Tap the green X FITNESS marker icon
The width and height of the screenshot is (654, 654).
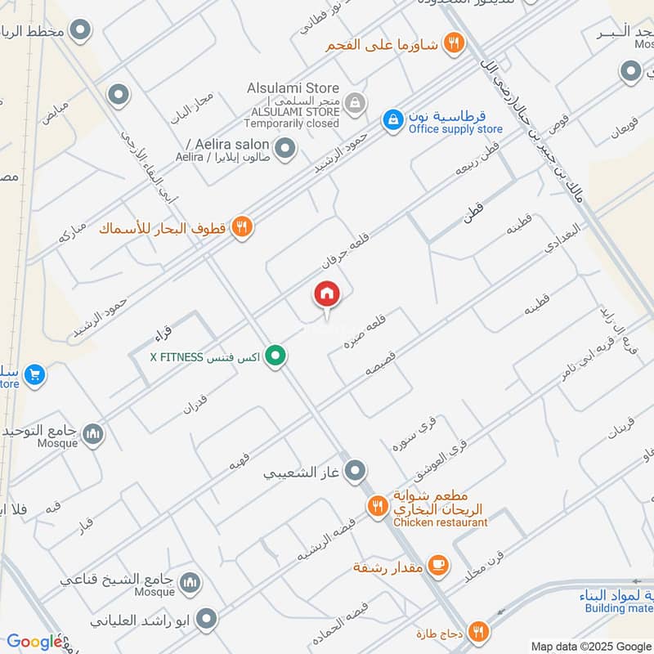coord(276,356)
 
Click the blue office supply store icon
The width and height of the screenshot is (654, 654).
coord(394,120)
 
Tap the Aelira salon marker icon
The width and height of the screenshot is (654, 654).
coord(284,149)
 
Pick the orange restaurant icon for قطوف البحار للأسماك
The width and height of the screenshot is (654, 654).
coord(240,227)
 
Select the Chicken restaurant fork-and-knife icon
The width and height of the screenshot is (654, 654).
coord(377,506)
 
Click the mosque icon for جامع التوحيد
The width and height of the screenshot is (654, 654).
coord(93,434)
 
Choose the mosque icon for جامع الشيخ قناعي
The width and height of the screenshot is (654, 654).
coord(190,582)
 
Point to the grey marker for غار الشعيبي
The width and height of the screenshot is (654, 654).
coord(355,471)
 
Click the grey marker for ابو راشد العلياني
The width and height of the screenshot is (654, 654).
coord(208,619)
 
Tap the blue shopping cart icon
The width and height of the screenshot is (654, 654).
coord(34,375)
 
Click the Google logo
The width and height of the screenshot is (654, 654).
coord(34,643)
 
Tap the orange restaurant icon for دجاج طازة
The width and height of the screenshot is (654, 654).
coord(479,630)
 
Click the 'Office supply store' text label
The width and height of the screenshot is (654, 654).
coord(455,129)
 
